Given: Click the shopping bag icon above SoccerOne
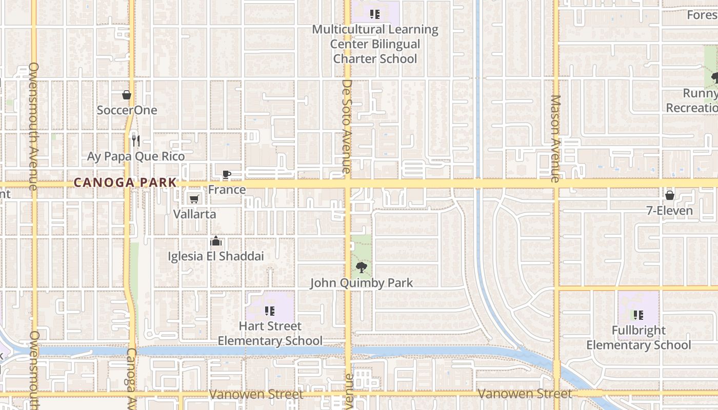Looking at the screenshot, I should pyautogui.click(x=127, y=95).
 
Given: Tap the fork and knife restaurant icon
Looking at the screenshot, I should pyautogui.click(x=135, y=140).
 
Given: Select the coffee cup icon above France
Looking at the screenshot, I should pyautogui.click(x=226, y=174).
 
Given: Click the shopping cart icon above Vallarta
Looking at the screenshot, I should pyautogui.click(x=194, y=199).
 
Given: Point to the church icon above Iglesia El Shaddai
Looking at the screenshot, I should pyautogui.click(x=216, y=241).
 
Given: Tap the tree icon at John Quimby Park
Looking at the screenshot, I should pyautogui.click(x=361, y=267).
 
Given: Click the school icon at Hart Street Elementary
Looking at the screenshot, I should pyautogui.click(x=270, y=311).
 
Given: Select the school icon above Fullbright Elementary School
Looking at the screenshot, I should pyautogui.click(x=638, y=315).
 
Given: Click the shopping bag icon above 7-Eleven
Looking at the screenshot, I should pyautogui.click(x=669, y=195).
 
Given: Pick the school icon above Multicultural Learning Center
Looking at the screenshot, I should pyautogui.click(x=375, y=14).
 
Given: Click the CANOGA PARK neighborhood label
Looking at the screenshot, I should pyautogui.click(x=125, y=182).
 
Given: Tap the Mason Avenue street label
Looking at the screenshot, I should pyautogui.click(x=555, y=138).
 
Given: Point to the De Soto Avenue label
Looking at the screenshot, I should pyautogui.click(x=347, y=126).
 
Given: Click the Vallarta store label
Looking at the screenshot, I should pyautogui.click(x=194, y=214).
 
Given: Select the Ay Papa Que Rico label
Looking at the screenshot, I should pyautogui.click(x=136, y=156).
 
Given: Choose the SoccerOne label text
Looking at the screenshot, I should pyautogui.click(x=127, y=110).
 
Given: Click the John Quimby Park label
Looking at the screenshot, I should pyautogui.click(x=361, y=283).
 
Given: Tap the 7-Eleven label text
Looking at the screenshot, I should pyautogui.click(x=669, y=211).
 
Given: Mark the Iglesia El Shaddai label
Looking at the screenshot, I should pyautogui.click(x=216, y=256).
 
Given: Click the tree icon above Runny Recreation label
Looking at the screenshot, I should pyautogui.click(x=714, y=78).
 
